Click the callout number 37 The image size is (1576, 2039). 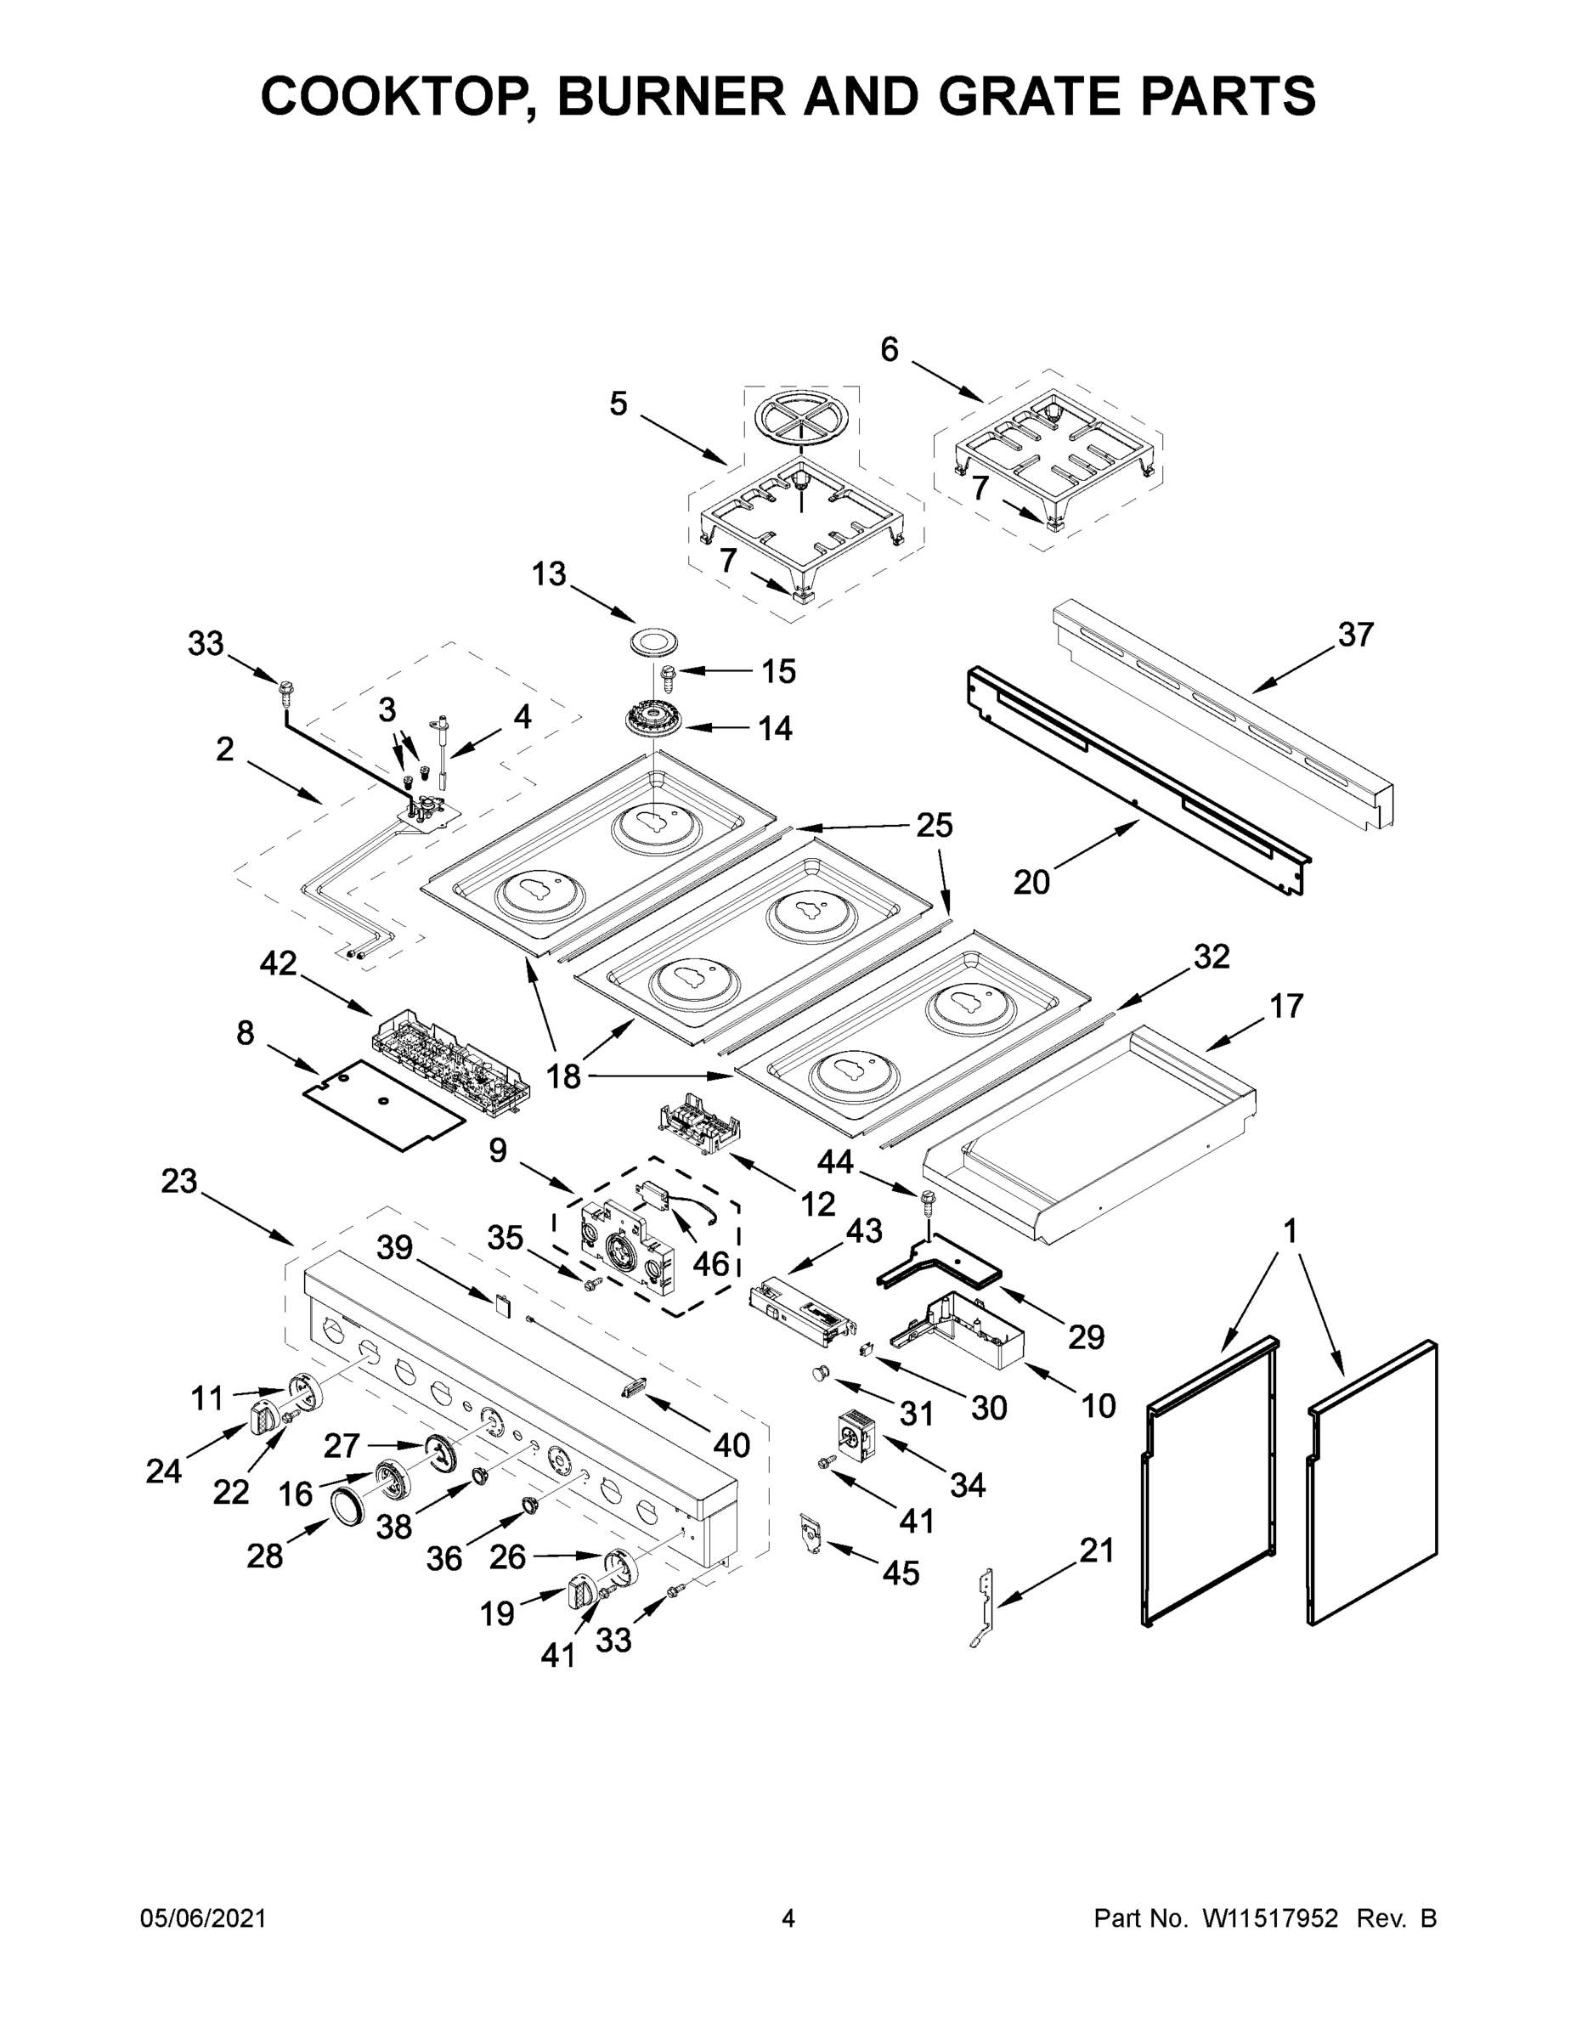click(1355, 635)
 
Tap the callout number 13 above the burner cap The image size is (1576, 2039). click(549, 574)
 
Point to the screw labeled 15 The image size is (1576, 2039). click(669, 671)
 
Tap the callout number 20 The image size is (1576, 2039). click(1031, 881)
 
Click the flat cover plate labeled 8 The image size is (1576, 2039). click(383, 1104)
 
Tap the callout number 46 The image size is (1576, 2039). click(710, 1263)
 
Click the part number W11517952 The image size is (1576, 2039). click(1270, 1918)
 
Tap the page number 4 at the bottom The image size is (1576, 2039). click(788, 1918)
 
